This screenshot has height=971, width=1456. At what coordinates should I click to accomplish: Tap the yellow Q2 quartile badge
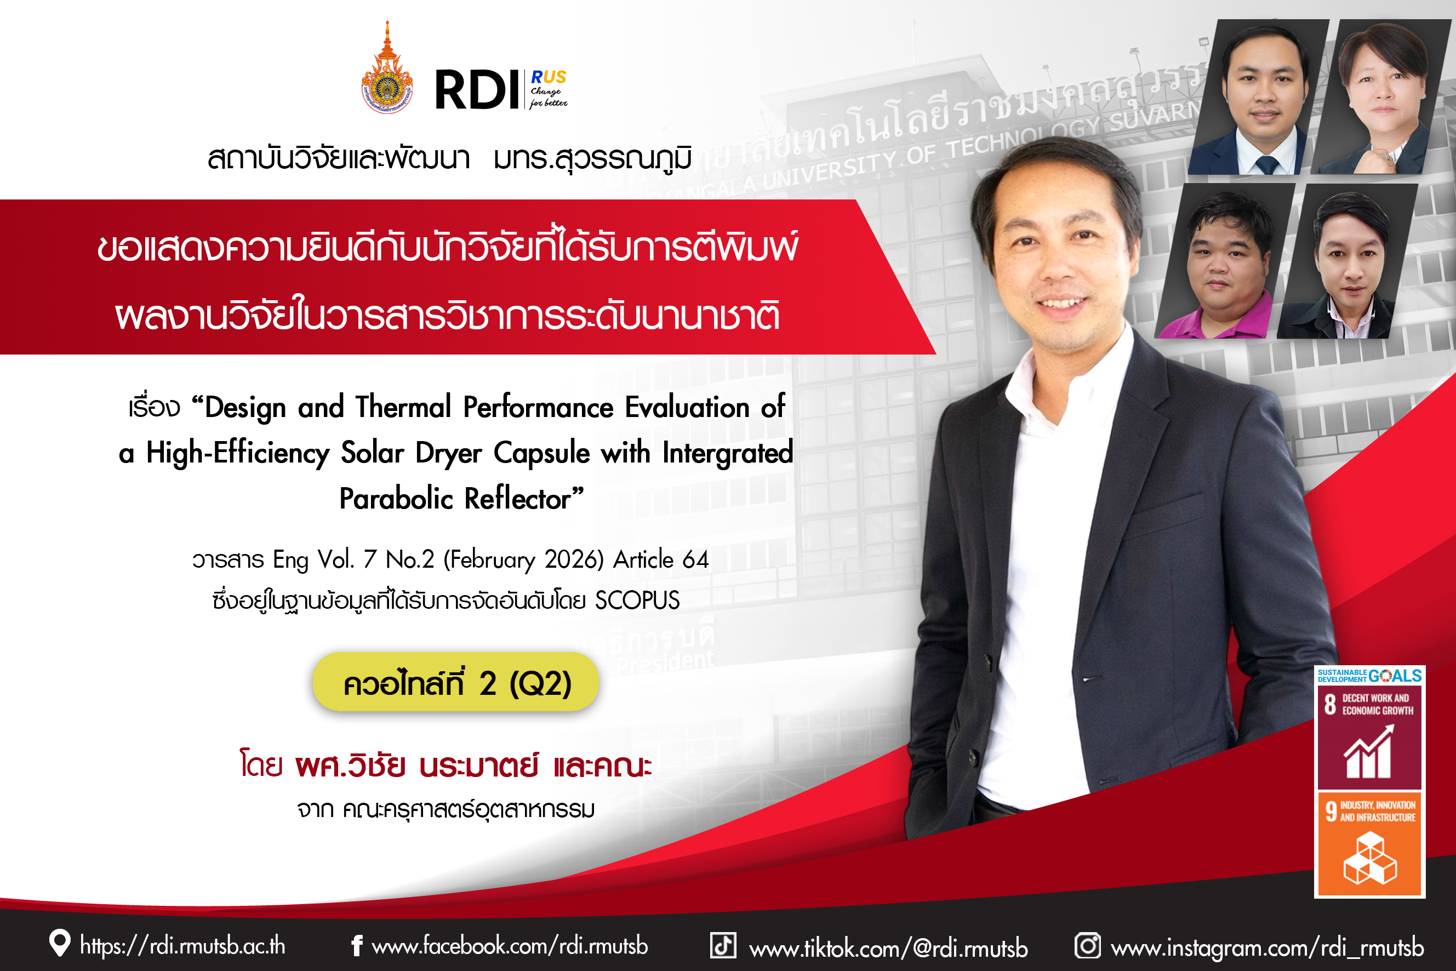(x=456, y=682)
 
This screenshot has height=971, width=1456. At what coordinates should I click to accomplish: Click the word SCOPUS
(x=637, y=600)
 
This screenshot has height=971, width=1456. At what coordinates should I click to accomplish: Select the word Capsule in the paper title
(x=541, y=453)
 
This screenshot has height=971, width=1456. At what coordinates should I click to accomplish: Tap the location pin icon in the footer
(x=59, y=943)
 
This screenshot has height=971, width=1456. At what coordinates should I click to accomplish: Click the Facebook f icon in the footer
(x=357, y=946)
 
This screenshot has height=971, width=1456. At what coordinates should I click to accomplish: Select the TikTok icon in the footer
(x=723, y=946)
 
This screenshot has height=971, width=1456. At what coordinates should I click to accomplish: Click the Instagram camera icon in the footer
(x=1088, y=946)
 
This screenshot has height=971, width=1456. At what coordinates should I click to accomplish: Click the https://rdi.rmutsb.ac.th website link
(x=182, y=946)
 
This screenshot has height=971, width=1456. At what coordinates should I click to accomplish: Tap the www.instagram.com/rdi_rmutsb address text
(x=1267, y=947)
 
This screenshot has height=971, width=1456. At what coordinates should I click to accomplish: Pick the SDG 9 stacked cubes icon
(x=1370, y=858)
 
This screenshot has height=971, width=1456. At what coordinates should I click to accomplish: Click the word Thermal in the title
(x=403, y=407)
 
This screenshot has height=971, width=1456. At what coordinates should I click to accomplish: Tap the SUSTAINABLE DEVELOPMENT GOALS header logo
(x=1369, y=676)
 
